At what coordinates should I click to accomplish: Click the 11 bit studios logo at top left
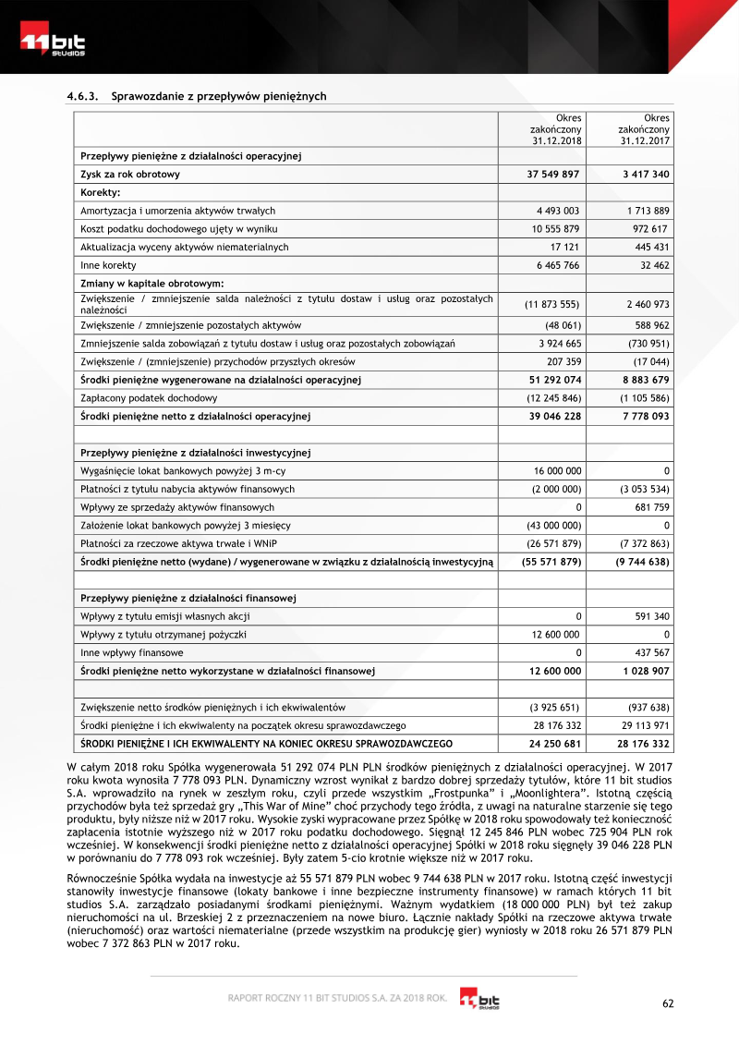click(53, 43)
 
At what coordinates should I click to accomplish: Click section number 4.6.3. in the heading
click(84, 96)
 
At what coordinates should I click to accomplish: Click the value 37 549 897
click(553, 174)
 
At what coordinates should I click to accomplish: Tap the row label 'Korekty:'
click(101, 192)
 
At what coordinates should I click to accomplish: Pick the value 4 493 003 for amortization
click(557, 211)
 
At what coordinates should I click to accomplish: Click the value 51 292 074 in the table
click(553, 380)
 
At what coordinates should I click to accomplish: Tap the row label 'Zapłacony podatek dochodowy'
click(149, 398)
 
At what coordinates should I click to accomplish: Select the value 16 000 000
click(558, 471)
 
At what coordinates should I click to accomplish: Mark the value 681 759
click(648, 507)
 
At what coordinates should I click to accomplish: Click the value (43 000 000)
click(553, 526)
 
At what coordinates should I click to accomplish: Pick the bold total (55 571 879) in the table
click(551, 562)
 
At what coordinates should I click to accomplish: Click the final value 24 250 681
click(554, 744)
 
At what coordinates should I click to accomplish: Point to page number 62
click(670, 1003)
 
